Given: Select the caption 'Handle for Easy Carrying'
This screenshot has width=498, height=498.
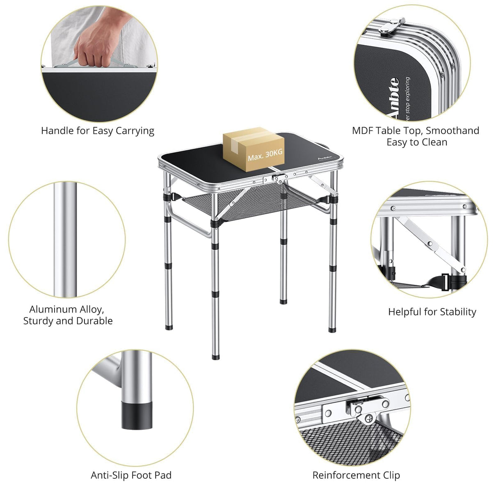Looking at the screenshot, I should click(x=98, y=131).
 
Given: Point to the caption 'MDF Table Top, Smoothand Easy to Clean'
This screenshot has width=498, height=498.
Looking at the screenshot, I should click(x=416, y=136).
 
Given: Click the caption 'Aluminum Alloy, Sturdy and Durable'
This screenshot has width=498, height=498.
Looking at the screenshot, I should click(x=68, y=315).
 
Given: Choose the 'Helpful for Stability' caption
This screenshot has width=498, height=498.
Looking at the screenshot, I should click(x=432, y=312).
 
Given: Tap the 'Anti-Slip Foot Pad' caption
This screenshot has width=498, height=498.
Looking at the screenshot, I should click(x=131, y=475).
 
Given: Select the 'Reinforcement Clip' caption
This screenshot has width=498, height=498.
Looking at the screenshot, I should click(x=356, y=475).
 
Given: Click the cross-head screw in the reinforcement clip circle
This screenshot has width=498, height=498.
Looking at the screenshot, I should click(x=368, y=419).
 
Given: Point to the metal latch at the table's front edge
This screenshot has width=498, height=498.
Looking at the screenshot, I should click(x=279, y=178).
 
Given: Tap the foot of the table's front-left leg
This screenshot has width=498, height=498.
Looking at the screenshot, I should click(x=216, y=356).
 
